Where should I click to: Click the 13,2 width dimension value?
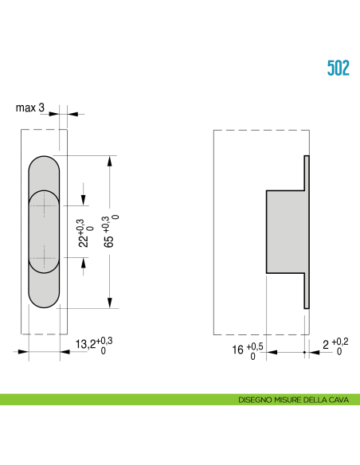[85, 345]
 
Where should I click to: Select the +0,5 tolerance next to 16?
[253, 346]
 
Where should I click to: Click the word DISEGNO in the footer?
[256, 400]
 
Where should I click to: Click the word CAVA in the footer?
[343, 400]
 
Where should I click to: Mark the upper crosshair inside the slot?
[44, 205]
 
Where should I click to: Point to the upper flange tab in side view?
[306, 172]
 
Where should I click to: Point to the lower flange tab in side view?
[306, 290]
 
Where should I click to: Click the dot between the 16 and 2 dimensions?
[305, 351]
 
